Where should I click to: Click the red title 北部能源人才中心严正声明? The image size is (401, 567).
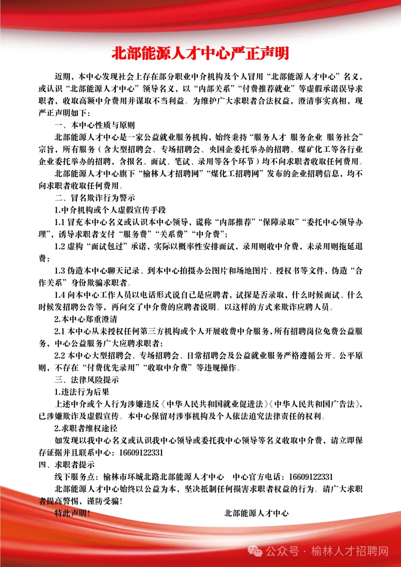(x=200, y=53)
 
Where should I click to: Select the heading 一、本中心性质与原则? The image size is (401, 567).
(x=95, y=125)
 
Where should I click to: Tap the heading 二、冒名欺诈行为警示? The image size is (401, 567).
(x=95, y=198)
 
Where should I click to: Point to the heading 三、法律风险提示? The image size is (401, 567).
(x=87, y=380)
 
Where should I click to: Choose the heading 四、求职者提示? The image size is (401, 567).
(x=67, y=465)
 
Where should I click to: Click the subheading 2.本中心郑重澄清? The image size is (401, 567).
(x=86, y=319)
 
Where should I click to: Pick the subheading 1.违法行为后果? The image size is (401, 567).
(x=82, y=392)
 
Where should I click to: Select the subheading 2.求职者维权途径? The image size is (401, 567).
(x=86, y=428)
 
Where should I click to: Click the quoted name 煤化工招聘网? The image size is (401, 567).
(x=235, y=174)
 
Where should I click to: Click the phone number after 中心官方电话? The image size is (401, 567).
(x=311, y=477)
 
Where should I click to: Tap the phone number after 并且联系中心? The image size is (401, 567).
(x=141, y=453)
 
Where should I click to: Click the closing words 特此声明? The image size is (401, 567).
(x=72, y=514)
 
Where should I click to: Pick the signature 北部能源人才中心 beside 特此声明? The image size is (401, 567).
(x=256, y=514)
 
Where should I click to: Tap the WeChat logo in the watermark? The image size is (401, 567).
(x=255, y=551)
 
